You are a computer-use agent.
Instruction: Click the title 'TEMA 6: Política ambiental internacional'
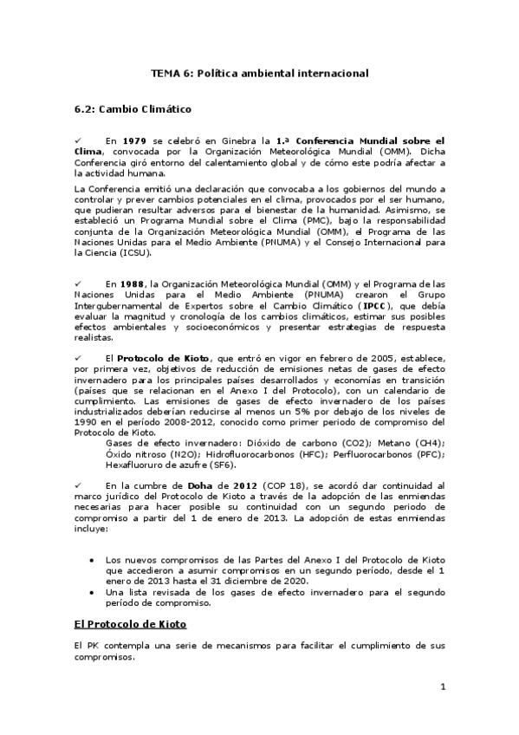tap(260, 75)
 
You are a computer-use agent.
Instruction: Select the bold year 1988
tap(133, 283)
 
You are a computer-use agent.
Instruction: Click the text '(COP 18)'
tap(258, 486)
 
